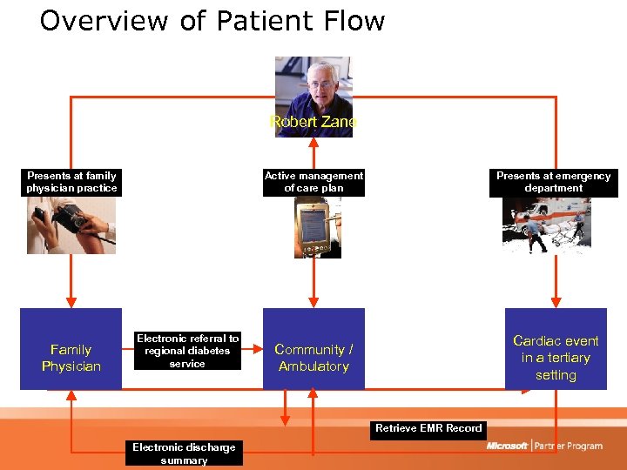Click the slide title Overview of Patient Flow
(x=212, y=21)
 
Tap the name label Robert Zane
(x=313, y=122)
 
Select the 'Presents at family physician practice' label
(x=71, y=182)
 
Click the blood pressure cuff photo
(x=71, y=225)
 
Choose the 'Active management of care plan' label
(x=313, y=182)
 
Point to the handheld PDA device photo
(x=317, y=227)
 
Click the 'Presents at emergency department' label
(x=554, y=182)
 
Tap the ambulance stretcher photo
(x=546, y=225)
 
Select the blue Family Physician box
(x=71, y=349)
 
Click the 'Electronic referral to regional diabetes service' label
(x=188, y=351)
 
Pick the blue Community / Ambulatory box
(x=313, y=349)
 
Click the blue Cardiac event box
(x=556, y=349)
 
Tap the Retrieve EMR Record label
(x=428, y=428)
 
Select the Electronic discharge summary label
(x=184, y=453)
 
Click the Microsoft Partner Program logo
(x=544, y=446)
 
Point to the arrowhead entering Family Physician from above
(x=71, y=303)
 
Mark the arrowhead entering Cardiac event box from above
(x=556, y=303)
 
